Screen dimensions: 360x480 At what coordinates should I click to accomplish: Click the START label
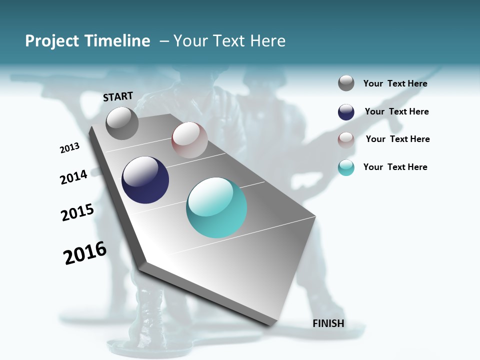[x=118, y=96]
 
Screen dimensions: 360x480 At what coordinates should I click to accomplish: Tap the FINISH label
[x=328, y=323]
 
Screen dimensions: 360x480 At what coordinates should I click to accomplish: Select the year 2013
[x=69, y=148]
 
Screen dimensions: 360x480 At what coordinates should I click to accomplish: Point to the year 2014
[x=73, y=177]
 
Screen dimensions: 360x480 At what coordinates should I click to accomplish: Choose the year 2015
[x=77, y=212]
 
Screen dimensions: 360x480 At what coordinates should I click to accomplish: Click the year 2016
[x=85, y=253]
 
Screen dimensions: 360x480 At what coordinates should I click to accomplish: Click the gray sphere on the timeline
[x=122, y=123]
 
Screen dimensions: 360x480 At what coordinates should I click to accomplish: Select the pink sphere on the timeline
[x=189, y=140]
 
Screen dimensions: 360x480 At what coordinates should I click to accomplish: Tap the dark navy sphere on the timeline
[x=145, y=180]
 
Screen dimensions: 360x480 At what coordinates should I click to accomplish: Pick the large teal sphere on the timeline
[x=216, y=207]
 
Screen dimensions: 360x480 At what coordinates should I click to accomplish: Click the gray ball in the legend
[x=346, y=83]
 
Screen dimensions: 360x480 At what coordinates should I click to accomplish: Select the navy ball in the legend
[x=346, y=112]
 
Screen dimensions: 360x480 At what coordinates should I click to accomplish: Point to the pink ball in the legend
[x=346, y=139]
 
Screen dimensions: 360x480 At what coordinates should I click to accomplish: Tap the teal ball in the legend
[x=346, y=167]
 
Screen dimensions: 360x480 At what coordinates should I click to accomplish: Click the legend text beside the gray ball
[x=395, y=83]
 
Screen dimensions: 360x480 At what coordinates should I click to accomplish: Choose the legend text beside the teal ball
[x=395, y=167]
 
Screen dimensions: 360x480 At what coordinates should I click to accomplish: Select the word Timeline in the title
[x=117, y=41]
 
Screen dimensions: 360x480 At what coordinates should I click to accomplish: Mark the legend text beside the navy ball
[x=396, y=111]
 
